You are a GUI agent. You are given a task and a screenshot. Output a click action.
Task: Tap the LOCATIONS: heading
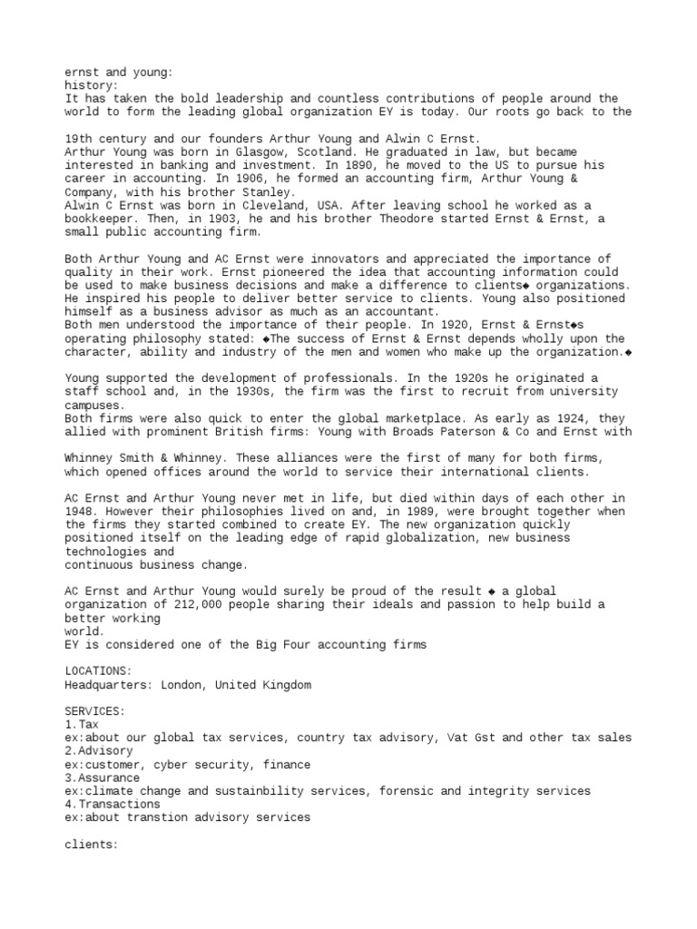click(x=98, y=671)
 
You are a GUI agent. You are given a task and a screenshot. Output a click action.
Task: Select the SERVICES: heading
click(x=94, y=711)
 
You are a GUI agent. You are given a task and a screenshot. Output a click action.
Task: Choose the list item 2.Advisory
click(x=98, y=751)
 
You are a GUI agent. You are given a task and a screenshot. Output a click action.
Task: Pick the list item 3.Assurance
click(x=102, y=777)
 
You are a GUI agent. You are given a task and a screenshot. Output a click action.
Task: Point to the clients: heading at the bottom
click(x=91, y=845)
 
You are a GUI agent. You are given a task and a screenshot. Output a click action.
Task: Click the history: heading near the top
click(x=91, y=85)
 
